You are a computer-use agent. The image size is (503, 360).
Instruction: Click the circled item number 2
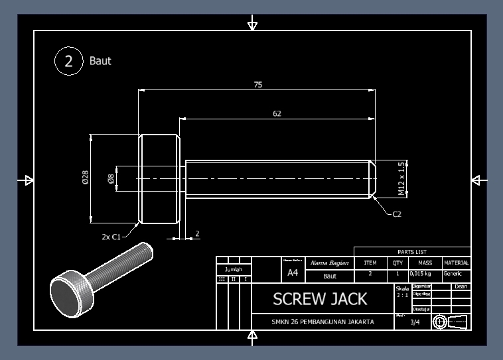pos(68,61)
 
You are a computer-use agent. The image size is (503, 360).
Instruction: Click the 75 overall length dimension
pos(257,85)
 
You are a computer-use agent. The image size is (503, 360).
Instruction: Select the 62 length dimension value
pos(277,113)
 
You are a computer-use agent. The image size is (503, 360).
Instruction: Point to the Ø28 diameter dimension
pos(86,177)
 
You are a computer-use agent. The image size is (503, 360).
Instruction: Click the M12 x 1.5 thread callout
pos(401,178)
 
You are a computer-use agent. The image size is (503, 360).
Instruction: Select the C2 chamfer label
pos(397,214)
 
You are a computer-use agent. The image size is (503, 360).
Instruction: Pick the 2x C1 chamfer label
pos(111,236)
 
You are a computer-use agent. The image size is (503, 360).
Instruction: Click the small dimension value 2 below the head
pos(197,234)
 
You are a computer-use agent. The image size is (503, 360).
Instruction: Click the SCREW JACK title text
pos(320,299)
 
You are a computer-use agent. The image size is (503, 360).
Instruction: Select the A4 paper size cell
pos(293,272)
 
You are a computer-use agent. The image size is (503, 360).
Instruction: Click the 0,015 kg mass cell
pos(420,273)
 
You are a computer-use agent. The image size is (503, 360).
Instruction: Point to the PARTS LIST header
pos(412,252)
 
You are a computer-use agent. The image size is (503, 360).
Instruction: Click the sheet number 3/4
pos(415,322)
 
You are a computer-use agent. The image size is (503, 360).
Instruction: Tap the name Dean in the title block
pos(461,286)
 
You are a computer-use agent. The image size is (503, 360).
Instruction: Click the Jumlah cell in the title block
pos(233,269)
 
